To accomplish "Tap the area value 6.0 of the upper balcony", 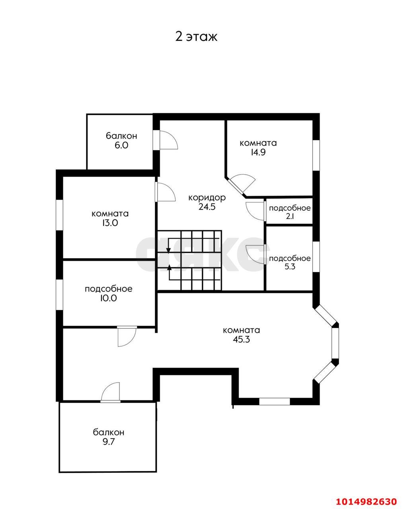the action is [121, 145].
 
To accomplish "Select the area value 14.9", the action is [258, 152].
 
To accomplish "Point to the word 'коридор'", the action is [207, 198].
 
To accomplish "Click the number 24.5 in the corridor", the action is [207, 207].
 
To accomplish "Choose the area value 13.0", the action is [110, 223].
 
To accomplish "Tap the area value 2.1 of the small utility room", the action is [290, 216].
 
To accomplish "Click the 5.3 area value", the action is [290, 267].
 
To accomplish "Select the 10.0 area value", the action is [108, 298].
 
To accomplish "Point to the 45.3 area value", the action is [242, 340].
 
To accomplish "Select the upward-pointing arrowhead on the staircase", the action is [169, 268].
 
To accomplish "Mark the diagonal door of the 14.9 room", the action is [242, 183].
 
